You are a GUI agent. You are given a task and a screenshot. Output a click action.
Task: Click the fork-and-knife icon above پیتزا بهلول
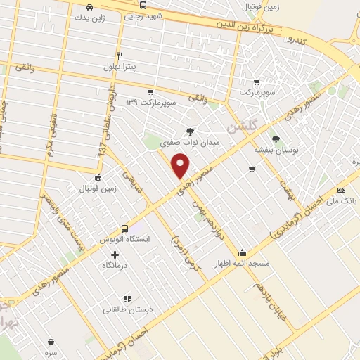point(120,55)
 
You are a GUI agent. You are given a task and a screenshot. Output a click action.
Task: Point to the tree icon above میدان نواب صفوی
point(190,131)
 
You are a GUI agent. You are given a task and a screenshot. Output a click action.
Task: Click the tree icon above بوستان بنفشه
point(276,139)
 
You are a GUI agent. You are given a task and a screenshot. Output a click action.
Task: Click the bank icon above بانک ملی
point(342,189)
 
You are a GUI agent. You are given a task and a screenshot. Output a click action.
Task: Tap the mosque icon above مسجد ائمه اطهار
point(243,252)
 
